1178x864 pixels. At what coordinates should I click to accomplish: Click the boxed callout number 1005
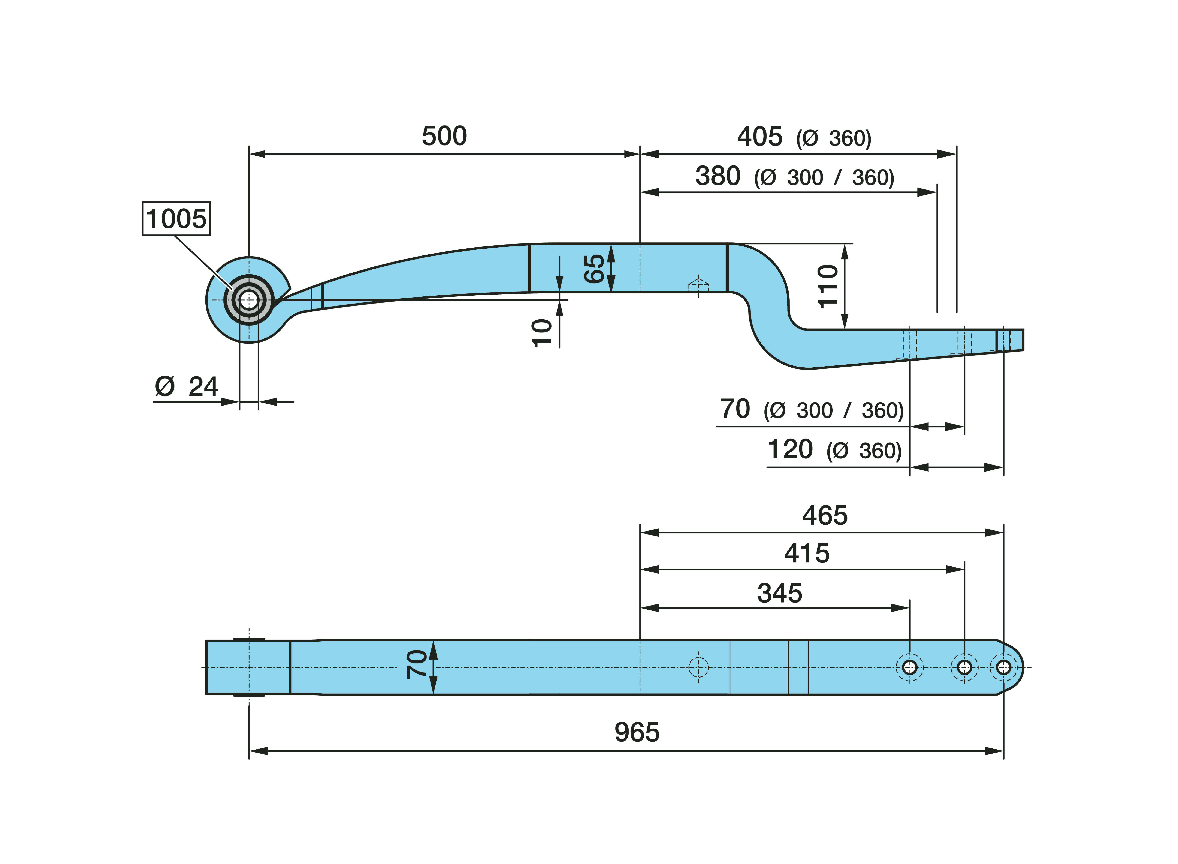[176, 219]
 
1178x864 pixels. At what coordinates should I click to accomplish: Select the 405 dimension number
[759, 137]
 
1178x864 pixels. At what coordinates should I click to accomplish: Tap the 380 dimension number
[718, 176]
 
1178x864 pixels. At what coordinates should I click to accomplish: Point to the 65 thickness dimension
[594, 269]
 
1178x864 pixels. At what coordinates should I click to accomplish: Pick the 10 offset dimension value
[542, 333]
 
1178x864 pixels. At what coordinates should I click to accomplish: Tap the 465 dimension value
[825, 516]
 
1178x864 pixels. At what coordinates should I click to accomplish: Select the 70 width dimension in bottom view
[417, 664]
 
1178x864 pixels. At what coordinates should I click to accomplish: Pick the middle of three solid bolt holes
[964, 667]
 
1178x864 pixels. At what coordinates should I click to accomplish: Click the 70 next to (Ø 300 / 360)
[735, 409]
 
